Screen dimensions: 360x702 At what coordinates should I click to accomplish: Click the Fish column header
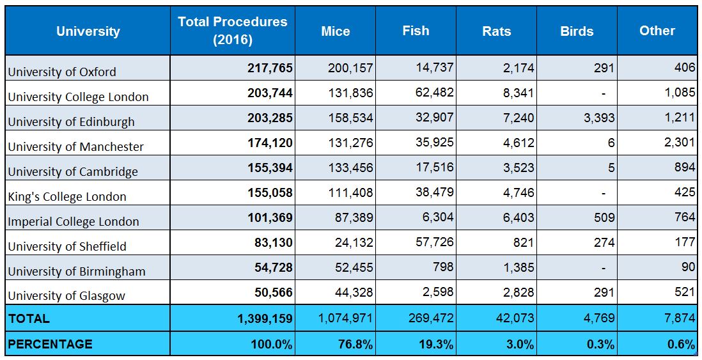click(x=416, y=31)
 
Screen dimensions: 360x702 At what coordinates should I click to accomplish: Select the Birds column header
click(x=577, y=31)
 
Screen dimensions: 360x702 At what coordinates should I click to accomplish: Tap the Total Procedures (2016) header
click(x=233, y=31)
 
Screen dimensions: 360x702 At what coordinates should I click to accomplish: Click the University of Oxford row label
click(x=62, y=72)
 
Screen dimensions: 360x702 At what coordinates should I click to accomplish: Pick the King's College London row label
click(x=67, y=196)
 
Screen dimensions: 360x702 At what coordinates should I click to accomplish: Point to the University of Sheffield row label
click(x=67, y=246)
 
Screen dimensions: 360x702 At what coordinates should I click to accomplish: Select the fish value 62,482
click(x=435, y=93)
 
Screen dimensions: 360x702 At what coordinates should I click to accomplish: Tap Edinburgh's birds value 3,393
click(x=599, y=118)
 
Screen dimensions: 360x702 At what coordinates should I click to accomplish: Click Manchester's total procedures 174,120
click(x=270, y=143)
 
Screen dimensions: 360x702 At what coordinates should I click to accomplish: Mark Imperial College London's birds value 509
click(x=604, y=217)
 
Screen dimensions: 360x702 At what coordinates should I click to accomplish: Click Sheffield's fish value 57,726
click(x=435, y=242)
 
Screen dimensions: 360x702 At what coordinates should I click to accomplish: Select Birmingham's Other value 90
click(x=689, y=267)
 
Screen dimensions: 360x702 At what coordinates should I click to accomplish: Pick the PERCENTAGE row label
click(x=50, y=344)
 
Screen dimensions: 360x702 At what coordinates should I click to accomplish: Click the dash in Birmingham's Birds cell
click(x=604, y=268)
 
